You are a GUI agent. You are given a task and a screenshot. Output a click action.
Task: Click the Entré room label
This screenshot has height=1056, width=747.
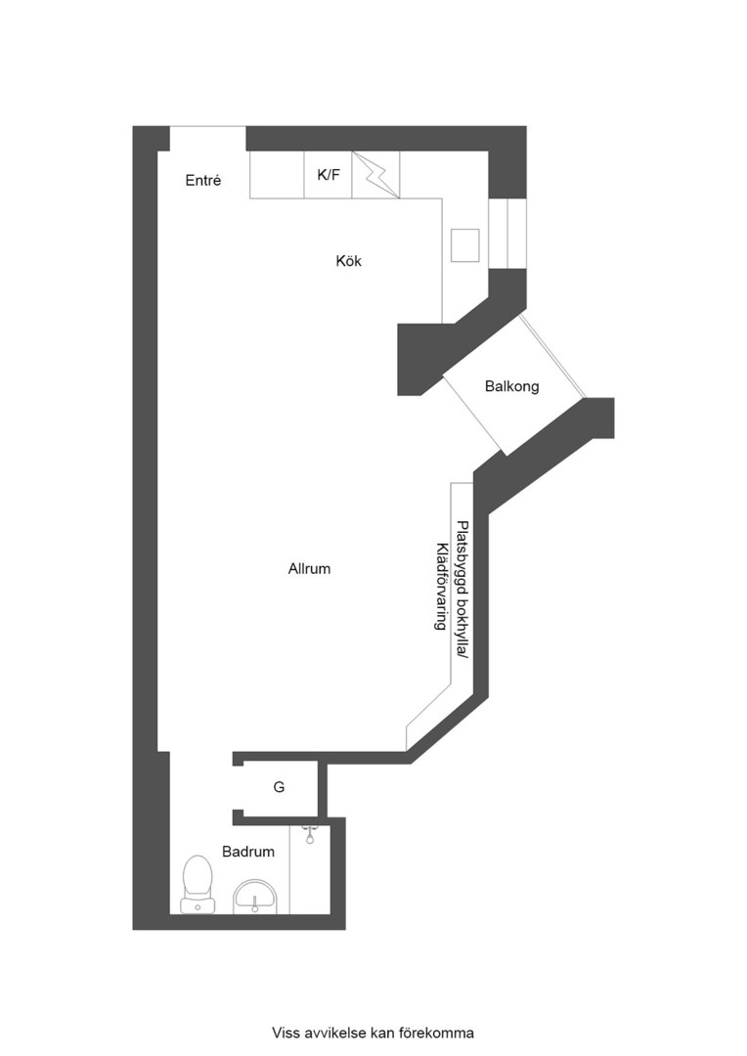pyautogui.click(x=203, y=181)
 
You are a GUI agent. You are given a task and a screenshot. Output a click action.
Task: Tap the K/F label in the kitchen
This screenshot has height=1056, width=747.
pyautogui.click(x=329, y=175)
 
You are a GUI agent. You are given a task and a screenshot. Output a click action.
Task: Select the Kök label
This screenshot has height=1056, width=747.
pyautogui.click(x=348, y=261)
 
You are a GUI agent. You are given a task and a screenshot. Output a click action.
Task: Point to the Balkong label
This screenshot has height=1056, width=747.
pyautogui.click(x=511, y=386)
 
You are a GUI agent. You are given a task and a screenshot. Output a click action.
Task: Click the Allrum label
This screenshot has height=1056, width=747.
pyautogui.click(x=309, y=568)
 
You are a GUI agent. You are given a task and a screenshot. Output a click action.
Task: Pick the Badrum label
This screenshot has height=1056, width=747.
pyautogui.click(x=248, y=852)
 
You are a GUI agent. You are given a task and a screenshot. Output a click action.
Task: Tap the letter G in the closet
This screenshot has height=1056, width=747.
pyautogui.click(x=279, y=787)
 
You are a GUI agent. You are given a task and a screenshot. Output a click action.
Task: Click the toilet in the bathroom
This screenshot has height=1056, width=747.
pyautogui.click(x=198, y=882)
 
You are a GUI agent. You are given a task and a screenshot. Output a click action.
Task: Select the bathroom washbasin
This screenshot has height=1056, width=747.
pyautogui.click(x=255, y=894)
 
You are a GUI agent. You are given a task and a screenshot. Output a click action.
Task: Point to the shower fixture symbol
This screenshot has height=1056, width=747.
pyautogui.click(x=310, y=833)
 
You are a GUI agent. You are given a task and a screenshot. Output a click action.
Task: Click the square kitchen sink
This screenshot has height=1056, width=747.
pyautogui.click(x=464, y=245)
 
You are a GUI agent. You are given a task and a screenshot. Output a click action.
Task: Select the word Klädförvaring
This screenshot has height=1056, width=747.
pyautogui.click(x=441, y=586)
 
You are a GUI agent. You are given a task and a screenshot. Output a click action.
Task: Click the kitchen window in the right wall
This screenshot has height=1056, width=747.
pyautogui.click(x=507, y=233)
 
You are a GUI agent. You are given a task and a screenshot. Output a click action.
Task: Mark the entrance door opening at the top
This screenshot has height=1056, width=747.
pyautogui.click(x=207, y=138)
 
